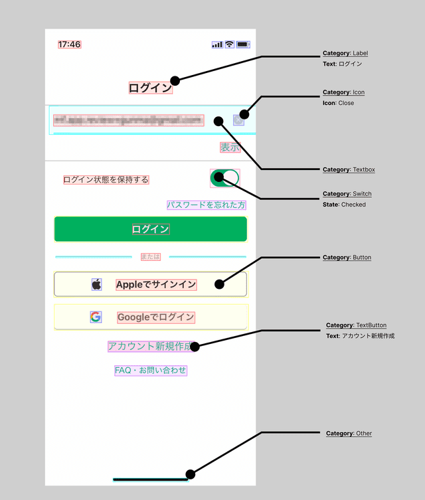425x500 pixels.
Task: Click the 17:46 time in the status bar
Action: tap(69, 44)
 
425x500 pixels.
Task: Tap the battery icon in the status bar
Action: tap(243, 44)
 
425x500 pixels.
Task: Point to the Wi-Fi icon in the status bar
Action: tap(229, 44)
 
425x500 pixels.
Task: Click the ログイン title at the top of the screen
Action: tap(150, 87)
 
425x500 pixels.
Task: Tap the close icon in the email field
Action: tap(238, 120)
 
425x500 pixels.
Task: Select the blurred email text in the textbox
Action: tap(128, 120)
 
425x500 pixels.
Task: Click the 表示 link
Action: tap(230, 147)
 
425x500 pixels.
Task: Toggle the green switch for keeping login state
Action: tap(224, 178)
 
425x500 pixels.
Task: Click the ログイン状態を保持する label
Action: tap(106, 179)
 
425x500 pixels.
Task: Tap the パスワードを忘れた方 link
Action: tap(206, 205)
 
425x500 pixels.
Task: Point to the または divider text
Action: tap(151, 256)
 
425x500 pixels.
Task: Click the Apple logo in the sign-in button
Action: tap(97, 284)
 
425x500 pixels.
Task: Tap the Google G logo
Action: tap(96, 317)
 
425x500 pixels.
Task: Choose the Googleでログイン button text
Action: tap(156, 317)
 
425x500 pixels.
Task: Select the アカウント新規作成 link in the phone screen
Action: tap(151, 346)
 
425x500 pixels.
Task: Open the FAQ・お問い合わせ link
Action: tap(151, 370)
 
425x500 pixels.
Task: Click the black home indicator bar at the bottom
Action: tap(151, 478)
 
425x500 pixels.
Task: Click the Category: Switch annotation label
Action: tap(347, 194)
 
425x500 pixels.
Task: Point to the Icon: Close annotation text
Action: tap(338, 103)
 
